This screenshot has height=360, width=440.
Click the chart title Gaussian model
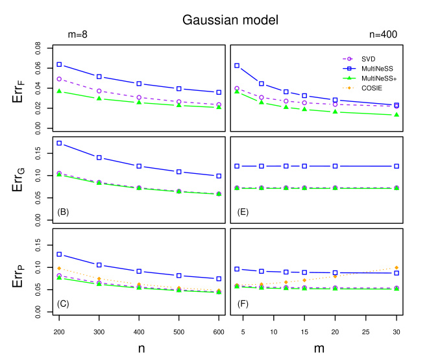tap(230, 20)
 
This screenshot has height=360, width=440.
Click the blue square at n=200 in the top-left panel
tap(59, 65)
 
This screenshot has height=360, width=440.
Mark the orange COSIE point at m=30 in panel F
tap(397, 268)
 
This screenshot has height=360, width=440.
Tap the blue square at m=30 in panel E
tap(397, 166)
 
